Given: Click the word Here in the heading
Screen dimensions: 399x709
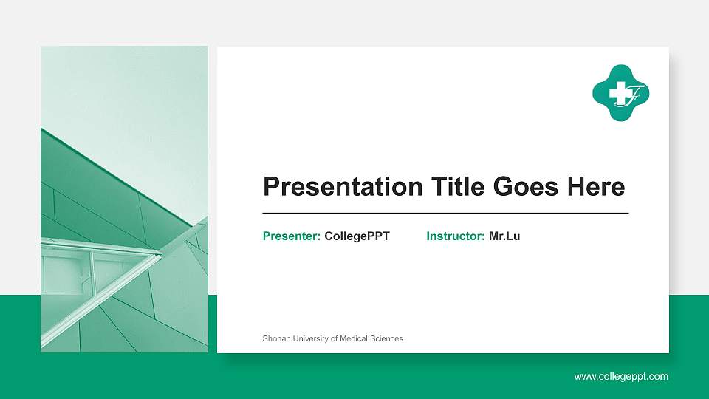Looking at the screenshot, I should click(x=595, y=187).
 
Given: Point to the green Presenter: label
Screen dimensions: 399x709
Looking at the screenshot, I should click(x=291, y=236).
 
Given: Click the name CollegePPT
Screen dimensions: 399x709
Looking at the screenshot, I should click(x=357, y=236).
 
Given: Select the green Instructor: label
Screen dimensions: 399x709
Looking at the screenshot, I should click(x=455, y=236).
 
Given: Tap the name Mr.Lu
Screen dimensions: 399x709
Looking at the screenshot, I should click(x=504, y=236).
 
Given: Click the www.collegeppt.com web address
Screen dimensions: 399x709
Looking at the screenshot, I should click(x=621, y=377).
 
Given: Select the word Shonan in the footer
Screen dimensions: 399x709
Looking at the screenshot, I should click(x=277, y=338).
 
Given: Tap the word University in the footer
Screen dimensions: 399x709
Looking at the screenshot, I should click(x=312, y=338).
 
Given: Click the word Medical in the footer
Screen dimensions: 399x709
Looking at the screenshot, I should click(x=355, y=338).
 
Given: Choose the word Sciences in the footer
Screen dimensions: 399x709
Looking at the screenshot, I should click(x=388, y=338).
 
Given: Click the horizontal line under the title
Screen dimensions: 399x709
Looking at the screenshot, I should click(x=445, y=213).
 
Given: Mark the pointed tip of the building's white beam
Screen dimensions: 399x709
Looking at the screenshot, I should click(x=160, y=255).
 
